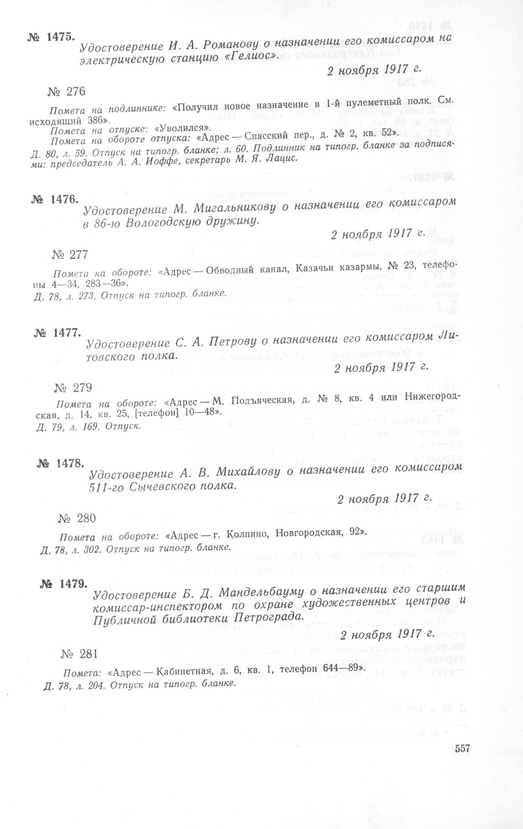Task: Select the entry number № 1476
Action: (55, 199)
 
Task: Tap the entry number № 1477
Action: (57, 333)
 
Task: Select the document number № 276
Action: (66, 92)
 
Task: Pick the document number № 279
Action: (73, 388)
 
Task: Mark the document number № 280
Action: (77, 518)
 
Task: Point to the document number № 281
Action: (80, 654)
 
